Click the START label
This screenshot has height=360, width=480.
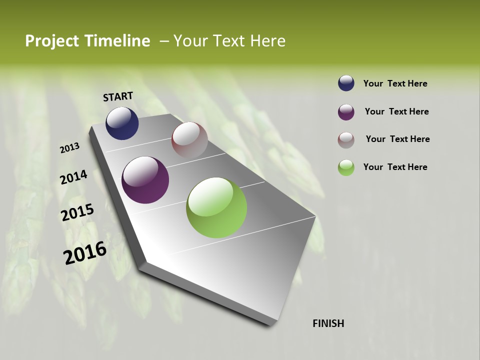(x=118, y=96)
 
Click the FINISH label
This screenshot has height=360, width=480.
(x=328, y=323)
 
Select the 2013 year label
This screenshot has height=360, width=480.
(x=70, y=148)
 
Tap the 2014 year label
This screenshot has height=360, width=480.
(x=73, y=177)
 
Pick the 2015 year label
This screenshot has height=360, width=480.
(x=77, y=212)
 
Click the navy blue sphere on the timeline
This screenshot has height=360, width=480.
(x=122, y=123)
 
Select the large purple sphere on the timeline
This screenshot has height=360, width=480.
(x=145, y=180)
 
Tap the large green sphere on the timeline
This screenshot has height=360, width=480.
(x=216, y=207)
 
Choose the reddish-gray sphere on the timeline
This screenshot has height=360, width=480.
(x=189, y=140)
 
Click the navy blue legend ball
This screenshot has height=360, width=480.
(x=346, y=83)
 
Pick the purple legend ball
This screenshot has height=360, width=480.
(x=346, y=112)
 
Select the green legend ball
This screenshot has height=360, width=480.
(x=346, y=167)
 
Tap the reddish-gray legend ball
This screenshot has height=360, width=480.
(x=346, y=140)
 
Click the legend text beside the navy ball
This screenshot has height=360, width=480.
(x=395, y=84)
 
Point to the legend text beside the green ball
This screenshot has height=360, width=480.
(x=395, y=167)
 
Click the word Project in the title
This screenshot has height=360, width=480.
(x=51, y=41)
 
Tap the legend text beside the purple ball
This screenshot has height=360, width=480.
(x=396, y=111)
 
